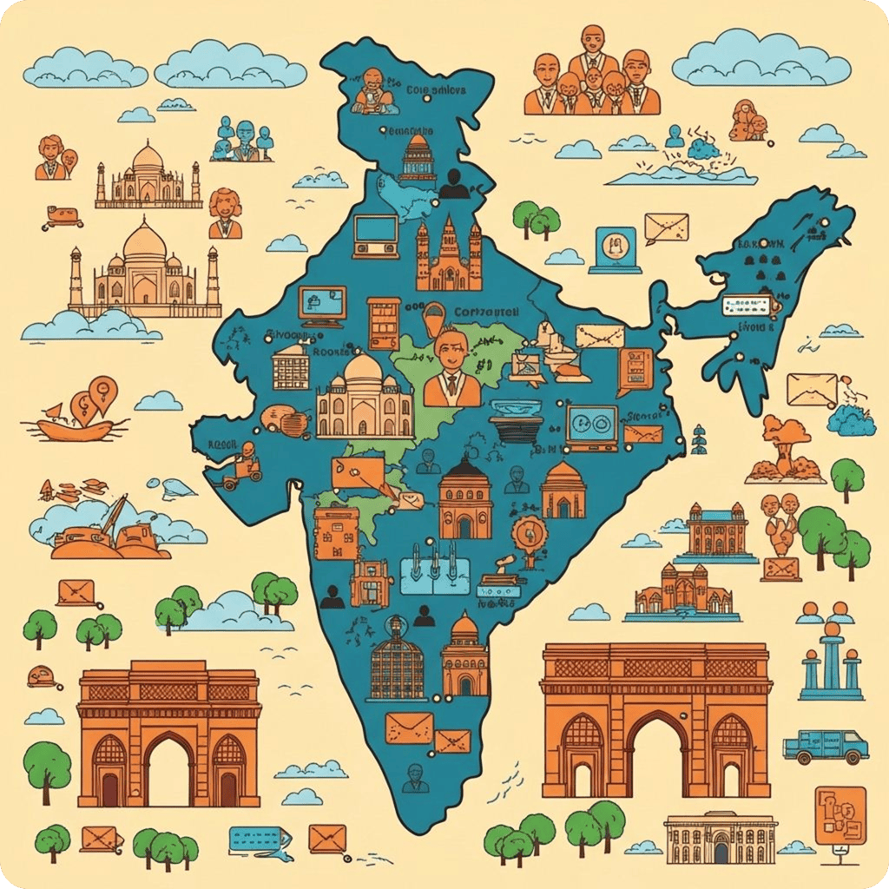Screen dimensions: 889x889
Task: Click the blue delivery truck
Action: (825, 745)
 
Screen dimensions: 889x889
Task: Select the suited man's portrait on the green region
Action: (451, 369)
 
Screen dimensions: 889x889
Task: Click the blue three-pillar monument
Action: (831, 664)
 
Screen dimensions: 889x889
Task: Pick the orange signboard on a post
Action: (840, 817)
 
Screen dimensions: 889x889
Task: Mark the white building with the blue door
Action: (720, 838)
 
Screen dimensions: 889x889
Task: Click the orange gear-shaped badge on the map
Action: (527, 532)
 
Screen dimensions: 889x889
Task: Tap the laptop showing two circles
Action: (592, 427)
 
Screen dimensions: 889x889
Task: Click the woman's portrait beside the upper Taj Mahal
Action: (225, 214)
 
